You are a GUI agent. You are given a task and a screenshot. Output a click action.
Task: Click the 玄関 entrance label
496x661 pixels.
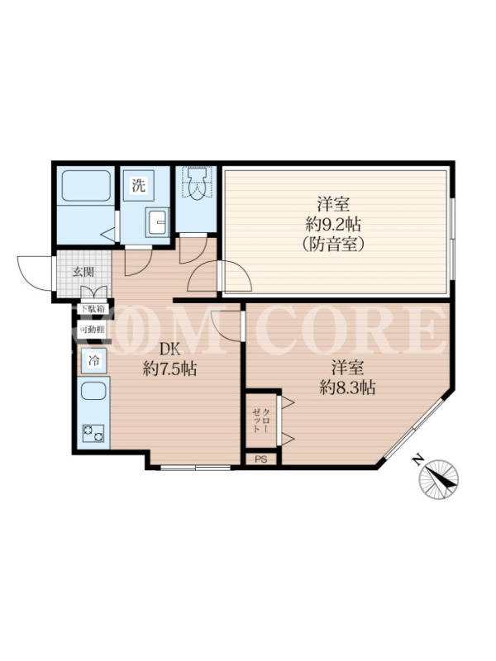coord(83,272)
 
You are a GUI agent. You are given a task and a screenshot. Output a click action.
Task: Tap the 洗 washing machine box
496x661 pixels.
coord(139,185)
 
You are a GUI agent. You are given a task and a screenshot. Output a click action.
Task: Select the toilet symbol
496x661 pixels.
coord(197,183)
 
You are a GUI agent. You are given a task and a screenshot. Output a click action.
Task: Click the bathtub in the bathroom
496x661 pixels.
coord(87,185)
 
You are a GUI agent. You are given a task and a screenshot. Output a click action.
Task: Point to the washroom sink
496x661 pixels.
coord(157,221)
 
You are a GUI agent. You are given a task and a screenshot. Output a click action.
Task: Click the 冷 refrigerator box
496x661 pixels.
coord(94,361)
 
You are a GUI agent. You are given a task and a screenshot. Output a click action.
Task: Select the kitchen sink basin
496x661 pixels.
coord(93,391)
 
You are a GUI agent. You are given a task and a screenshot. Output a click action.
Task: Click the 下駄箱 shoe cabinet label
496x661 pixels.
coord(93,308)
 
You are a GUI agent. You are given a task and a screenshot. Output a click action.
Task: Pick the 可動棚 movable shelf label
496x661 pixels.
coord(93,330)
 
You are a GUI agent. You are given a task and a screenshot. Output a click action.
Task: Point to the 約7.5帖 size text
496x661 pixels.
coord(169,369)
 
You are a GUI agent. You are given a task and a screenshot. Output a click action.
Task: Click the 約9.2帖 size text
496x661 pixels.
coord(333,224)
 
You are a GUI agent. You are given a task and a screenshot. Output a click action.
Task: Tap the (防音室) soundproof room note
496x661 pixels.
coord(333,244)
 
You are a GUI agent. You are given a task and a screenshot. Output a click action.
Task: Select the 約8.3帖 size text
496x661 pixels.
coord(347,388)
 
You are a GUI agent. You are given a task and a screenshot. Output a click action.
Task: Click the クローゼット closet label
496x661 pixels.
coord(260,421)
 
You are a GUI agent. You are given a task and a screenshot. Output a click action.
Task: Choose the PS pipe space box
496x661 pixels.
coord(261,459)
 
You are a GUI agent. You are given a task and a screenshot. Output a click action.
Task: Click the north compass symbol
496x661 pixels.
coord(439,478)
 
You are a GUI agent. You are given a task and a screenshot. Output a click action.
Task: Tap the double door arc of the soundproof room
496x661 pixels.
coord(219,276)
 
